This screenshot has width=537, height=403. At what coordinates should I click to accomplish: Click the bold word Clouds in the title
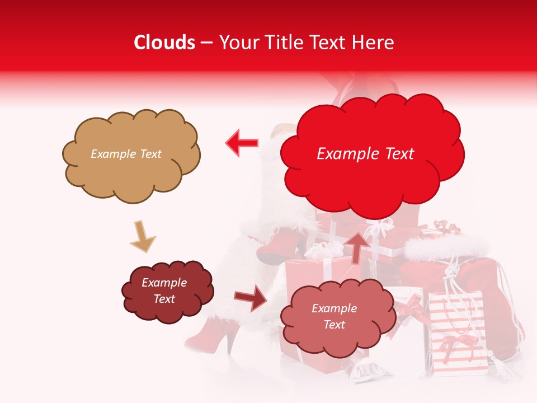click(164, 43)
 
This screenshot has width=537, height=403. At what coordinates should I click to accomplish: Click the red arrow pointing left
click(242, 143)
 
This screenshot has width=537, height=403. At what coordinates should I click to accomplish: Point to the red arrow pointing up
click(357, 246)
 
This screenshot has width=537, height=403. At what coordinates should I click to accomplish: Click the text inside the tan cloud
click(126, 154)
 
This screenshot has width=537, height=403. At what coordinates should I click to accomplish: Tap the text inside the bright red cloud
click(366, 154)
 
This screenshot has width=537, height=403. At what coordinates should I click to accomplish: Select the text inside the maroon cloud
click(164, 291)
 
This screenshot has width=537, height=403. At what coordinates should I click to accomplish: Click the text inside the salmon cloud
click(334, 317)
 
